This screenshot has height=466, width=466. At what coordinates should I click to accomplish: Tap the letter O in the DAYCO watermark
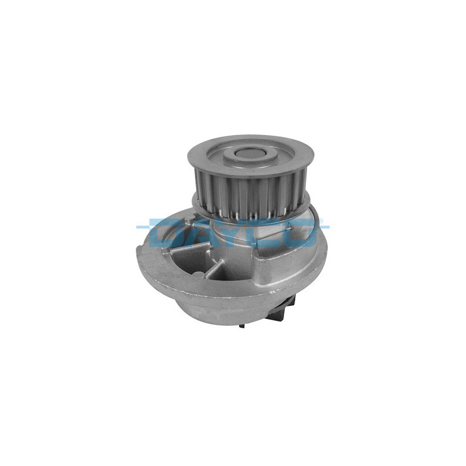[x=300, y=232]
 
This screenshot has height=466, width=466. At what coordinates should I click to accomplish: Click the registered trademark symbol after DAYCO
[x=320, y=221]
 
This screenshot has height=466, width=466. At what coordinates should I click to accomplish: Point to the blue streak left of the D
[x=143, y=226]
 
